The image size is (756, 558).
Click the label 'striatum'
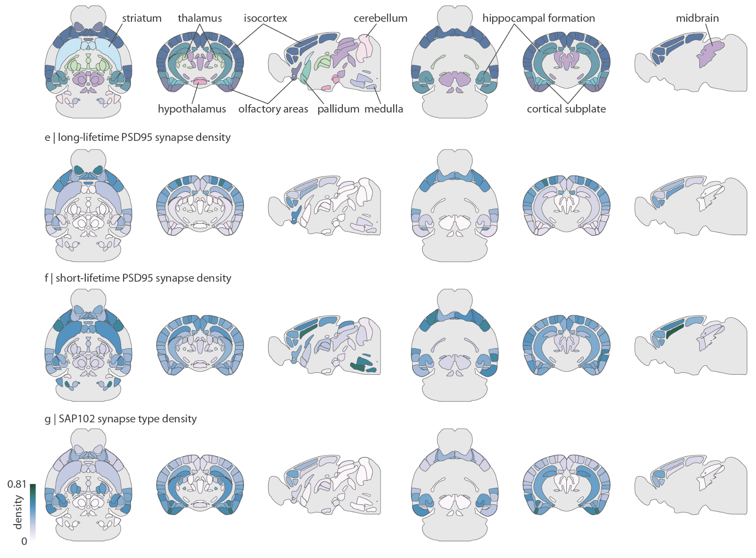(x=142, y=18)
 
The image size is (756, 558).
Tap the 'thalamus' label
(x=200, y=18)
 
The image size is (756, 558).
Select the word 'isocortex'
(x=265, y=18)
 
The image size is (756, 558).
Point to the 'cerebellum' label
(x=380, y=18)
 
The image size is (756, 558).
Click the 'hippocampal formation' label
(x=538, y=18)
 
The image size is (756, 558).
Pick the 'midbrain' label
(x=697, y=18)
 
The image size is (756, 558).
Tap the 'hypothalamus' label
(x=192, y=109)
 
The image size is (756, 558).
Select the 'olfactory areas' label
(x=273, y=109)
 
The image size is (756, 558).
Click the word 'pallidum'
(x=338, y=109)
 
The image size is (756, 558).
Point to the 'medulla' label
(x=384, y=109)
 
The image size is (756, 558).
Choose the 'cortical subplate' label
(x=566, y=109)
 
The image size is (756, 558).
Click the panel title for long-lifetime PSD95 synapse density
(x=138, y=137)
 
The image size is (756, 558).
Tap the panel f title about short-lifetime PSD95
(x=138, y=278)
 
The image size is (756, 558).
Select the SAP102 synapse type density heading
(x=121, y=419)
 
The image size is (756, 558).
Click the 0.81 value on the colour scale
(x=17, y=484)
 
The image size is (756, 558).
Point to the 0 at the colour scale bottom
(x=24, y=541)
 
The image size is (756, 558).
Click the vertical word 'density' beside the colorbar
(x=18, y=512)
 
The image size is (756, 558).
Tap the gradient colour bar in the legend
(x=33, y=512)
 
